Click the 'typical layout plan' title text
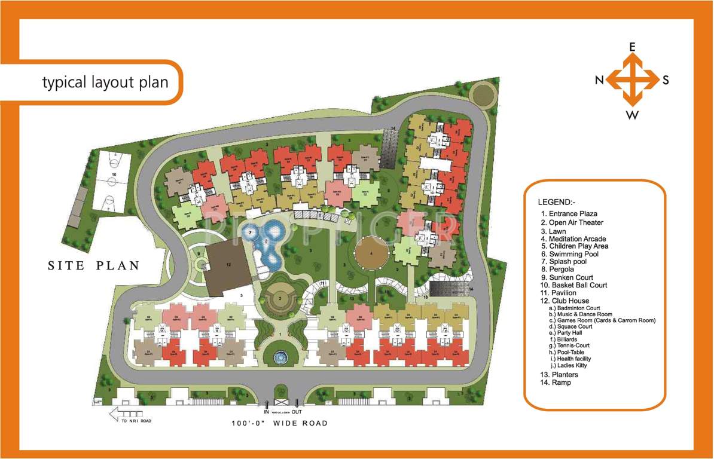(105, 82)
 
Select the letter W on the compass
(631, 115)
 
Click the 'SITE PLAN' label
(93, 265)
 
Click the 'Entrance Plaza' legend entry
(569, 213)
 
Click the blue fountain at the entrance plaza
(280, 357)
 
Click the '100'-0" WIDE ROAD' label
(280, 423)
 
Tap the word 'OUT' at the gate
(296, 412)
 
